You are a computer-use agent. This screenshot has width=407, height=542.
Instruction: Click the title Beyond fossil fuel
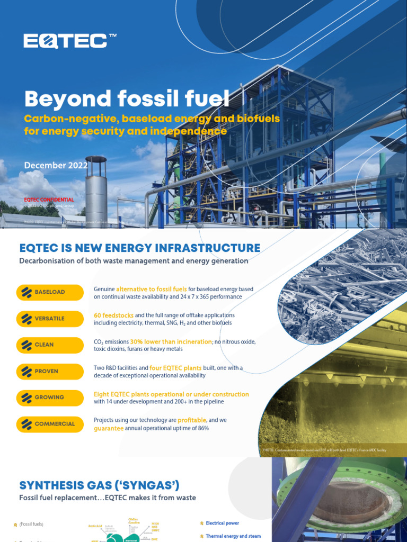[127, 99]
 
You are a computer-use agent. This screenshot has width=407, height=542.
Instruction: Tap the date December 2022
[56, 165]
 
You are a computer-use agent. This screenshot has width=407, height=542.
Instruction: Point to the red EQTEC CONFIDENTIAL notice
[49, 200]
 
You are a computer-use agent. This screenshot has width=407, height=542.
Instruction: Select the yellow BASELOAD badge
[50, 292]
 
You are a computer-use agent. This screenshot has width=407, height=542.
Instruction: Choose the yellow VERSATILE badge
[50, 319]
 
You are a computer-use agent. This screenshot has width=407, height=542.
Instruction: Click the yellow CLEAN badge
[50, 345]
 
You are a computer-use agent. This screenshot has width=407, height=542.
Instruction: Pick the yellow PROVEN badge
[50, 371]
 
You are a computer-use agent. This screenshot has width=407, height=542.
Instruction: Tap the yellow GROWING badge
[50, 398]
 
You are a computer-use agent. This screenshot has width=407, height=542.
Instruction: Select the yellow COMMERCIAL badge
[50, 424]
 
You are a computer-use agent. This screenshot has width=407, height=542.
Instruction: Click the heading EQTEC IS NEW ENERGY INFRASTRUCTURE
[140, 248]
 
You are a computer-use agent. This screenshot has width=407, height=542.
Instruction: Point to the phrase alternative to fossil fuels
[152, 289]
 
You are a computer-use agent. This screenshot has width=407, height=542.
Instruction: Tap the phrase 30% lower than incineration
[171, 342]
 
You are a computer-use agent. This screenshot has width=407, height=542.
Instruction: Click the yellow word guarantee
[108, 428]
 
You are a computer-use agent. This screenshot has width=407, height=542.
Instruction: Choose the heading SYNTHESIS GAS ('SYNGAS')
[100, 485]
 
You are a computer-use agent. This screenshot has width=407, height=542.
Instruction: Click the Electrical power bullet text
[222, 523]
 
